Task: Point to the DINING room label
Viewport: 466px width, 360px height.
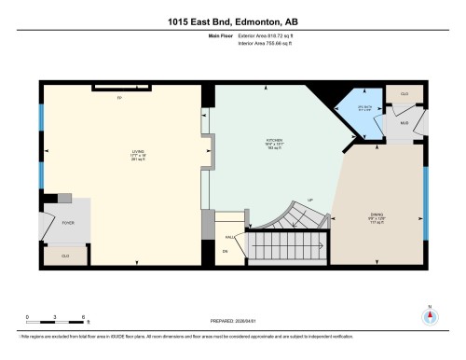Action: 377,216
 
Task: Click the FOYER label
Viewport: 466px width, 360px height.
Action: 66,222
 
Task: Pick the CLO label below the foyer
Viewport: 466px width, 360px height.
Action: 65,256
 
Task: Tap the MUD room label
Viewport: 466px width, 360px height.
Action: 404,122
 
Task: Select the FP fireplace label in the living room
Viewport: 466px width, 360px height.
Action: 118,97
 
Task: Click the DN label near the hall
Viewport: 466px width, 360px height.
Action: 225,252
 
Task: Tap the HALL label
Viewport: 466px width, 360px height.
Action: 228,236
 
